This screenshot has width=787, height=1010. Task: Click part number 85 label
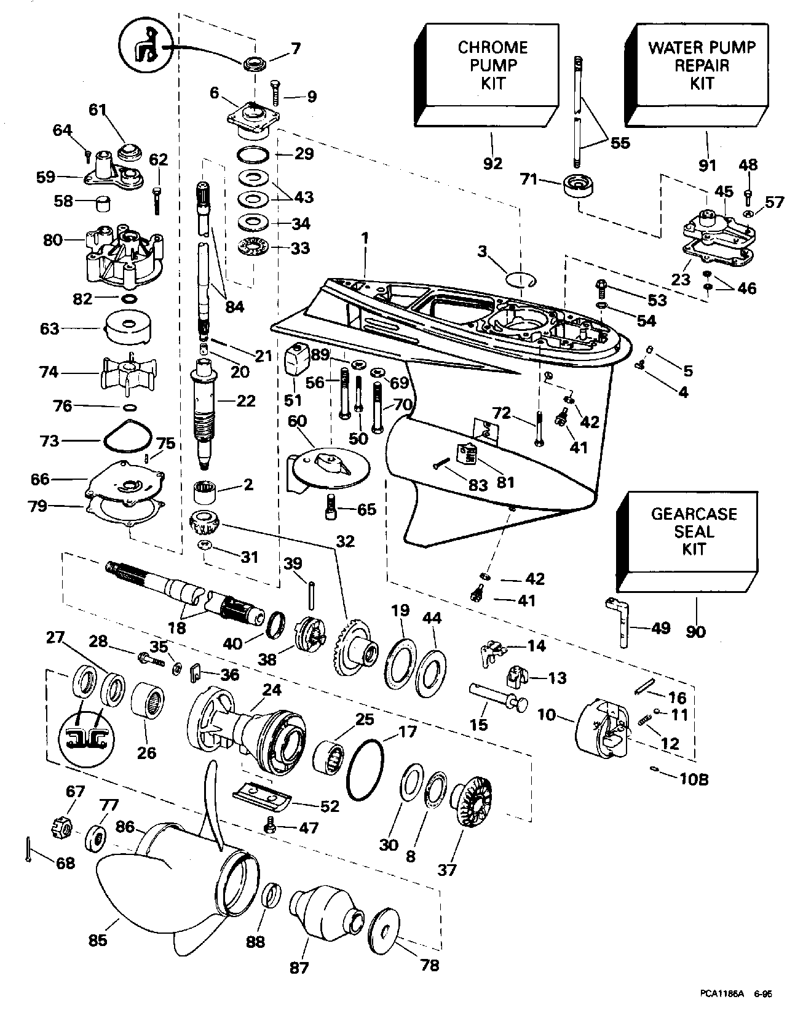[98, 940]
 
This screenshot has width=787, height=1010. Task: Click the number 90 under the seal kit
[696, 631]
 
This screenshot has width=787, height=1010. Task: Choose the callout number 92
[493, 163]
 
